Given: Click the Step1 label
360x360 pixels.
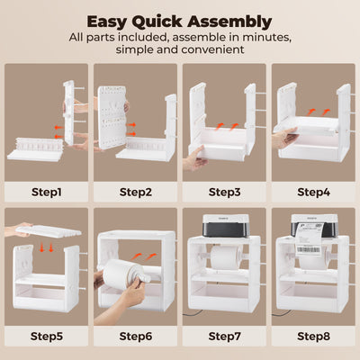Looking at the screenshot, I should pyautogui.click(x=45, y=192).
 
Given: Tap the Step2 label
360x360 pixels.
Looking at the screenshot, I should pyautogui.click(x=134, y=192).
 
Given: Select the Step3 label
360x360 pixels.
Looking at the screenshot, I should pyautogui.click(x=223, y=192).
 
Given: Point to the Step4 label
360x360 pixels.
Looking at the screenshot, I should pyautogui.click(x=312, y=192).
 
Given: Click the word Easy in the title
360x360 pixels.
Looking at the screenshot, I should pyautogui.click(x=110, y=21).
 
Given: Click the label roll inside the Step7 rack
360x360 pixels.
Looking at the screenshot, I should pyautogui.click(x=223, y=259).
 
